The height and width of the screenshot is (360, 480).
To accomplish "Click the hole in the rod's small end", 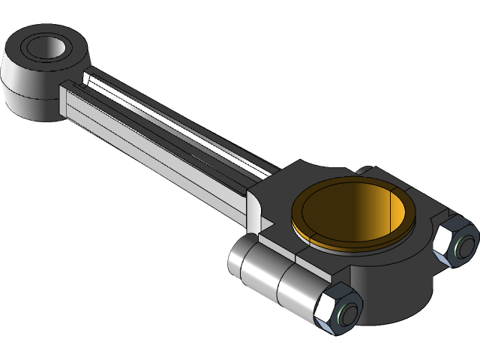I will (x=49, y=48).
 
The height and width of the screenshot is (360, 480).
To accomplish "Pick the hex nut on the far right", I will (x=456, y=244).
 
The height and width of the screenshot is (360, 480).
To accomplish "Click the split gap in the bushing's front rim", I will (x=299, y=235).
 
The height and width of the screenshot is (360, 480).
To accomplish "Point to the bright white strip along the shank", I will (x=187, y=127).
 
